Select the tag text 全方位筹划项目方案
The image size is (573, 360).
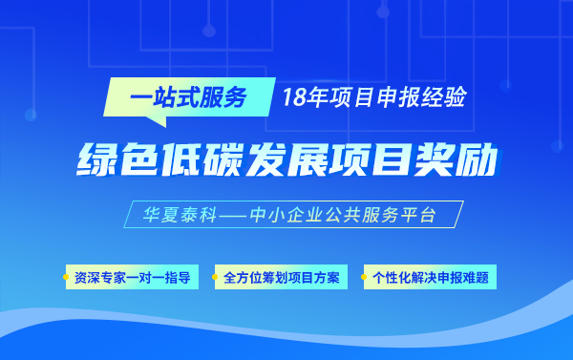click(281, 278)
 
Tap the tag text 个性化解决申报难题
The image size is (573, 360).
click(431, 278)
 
